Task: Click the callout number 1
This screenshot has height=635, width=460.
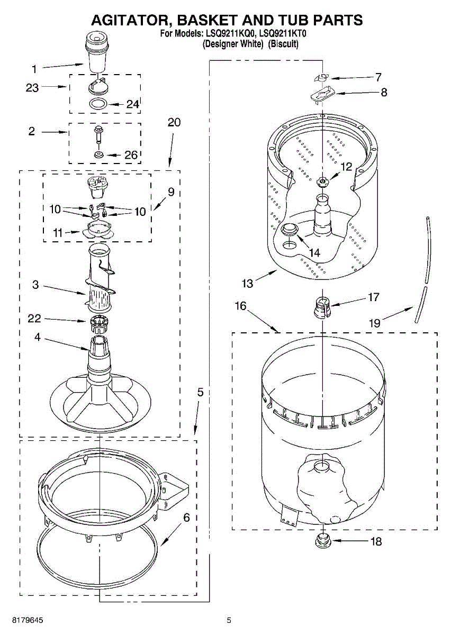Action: click(x=34, y=69)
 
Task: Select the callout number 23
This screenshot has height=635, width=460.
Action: click(x=32, y=88)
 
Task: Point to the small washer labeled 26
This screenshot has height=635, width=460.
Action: click(x=98, y=155)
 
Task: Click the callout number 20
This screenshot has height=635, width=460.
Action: click(x=174, y=123)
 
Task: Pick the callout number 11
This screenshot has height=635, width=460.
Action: click(x=58, y=232)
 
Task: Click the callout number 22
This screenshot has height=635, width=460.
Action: click(x=34, y=319)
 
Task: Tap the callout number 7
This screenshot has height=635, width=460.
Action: click(x=378, y=77)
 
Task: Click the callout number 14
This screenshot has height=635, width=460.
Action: click(x=314, y=253)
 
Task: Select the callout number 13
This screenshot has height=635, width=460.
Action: click(x=247, y=283)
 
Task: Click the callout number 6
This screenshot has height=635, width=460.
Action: click(x=186, y=518)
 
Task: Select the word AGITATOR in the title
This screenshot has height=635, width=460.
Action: click(x=127, y=20)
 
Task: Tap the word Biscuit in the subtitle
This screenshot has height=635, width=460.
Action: click(x=284, y=44)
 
